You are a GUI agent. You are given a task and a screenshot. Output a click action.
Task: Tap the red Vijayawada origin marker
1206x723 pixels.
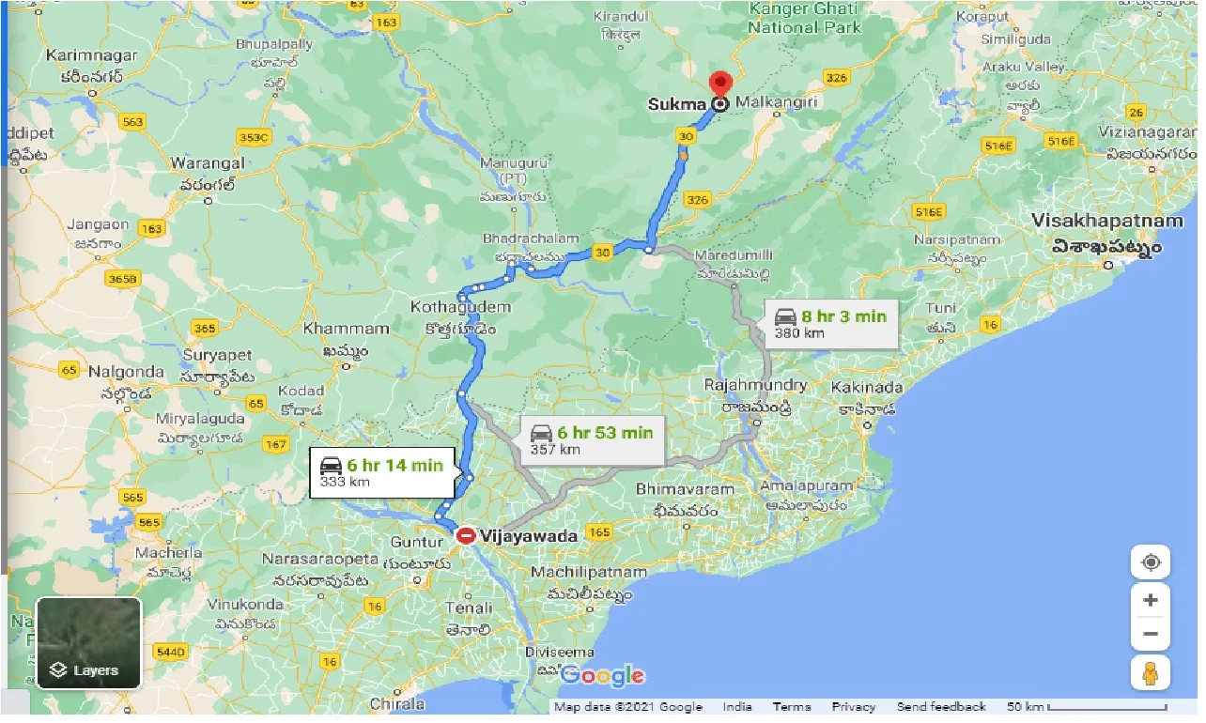pyautogui.click(x=466, y=536)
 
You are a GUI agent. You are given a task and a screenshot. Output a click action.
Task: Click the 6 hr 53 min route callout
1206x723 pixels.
pyautogui.click(x=592, y=439)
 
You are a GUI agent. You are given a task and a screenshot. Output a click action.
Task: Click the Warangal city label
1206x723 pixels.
pyautogui.click(x=208, y=163)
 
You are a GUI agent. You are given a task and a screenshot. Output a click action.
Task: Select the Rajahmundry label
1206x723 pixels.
pyautogui.click(x=756, y=386)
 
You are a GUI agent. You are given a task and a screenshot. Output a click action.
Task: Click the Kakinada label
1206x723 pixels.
pyautogui.click(x=865, y=387)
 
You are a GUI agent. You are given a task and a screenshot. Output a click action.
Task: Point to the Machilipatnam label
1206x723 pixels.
pyautogui.click(x=589, y=572)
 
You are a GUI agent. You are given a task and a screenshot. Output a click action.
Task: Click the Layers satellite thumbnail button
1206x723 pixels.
pyautogui.click(x=88, y=643)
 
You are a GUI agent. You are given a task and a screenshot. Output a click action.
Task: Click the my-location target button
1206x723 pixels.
pyautogui.click(x=1151, y=562)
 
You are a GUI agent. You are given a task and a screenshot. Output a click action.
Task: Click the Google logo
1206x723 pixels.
pyautogui.click(x=601, y=675)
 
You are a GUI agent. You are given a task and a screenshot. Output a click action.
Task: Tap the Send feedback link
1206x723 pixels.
pyautogui.click(x=941, y=707)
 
